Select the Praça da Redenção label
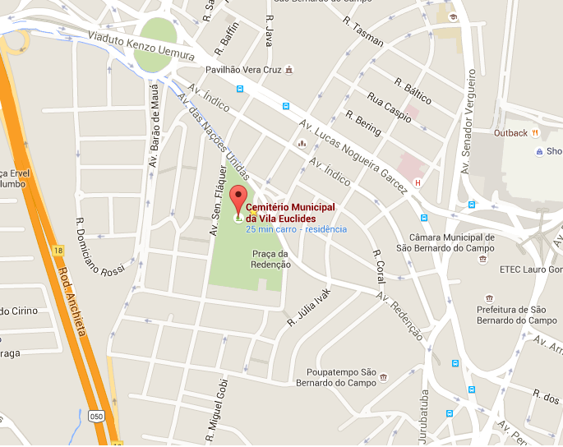point(271,259)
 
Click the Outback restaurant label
point(510,132)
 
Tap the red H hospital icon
point(418,182)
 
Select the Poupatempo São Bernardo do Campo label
point(340,377)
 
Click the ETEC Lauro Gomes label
point(531,269)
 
